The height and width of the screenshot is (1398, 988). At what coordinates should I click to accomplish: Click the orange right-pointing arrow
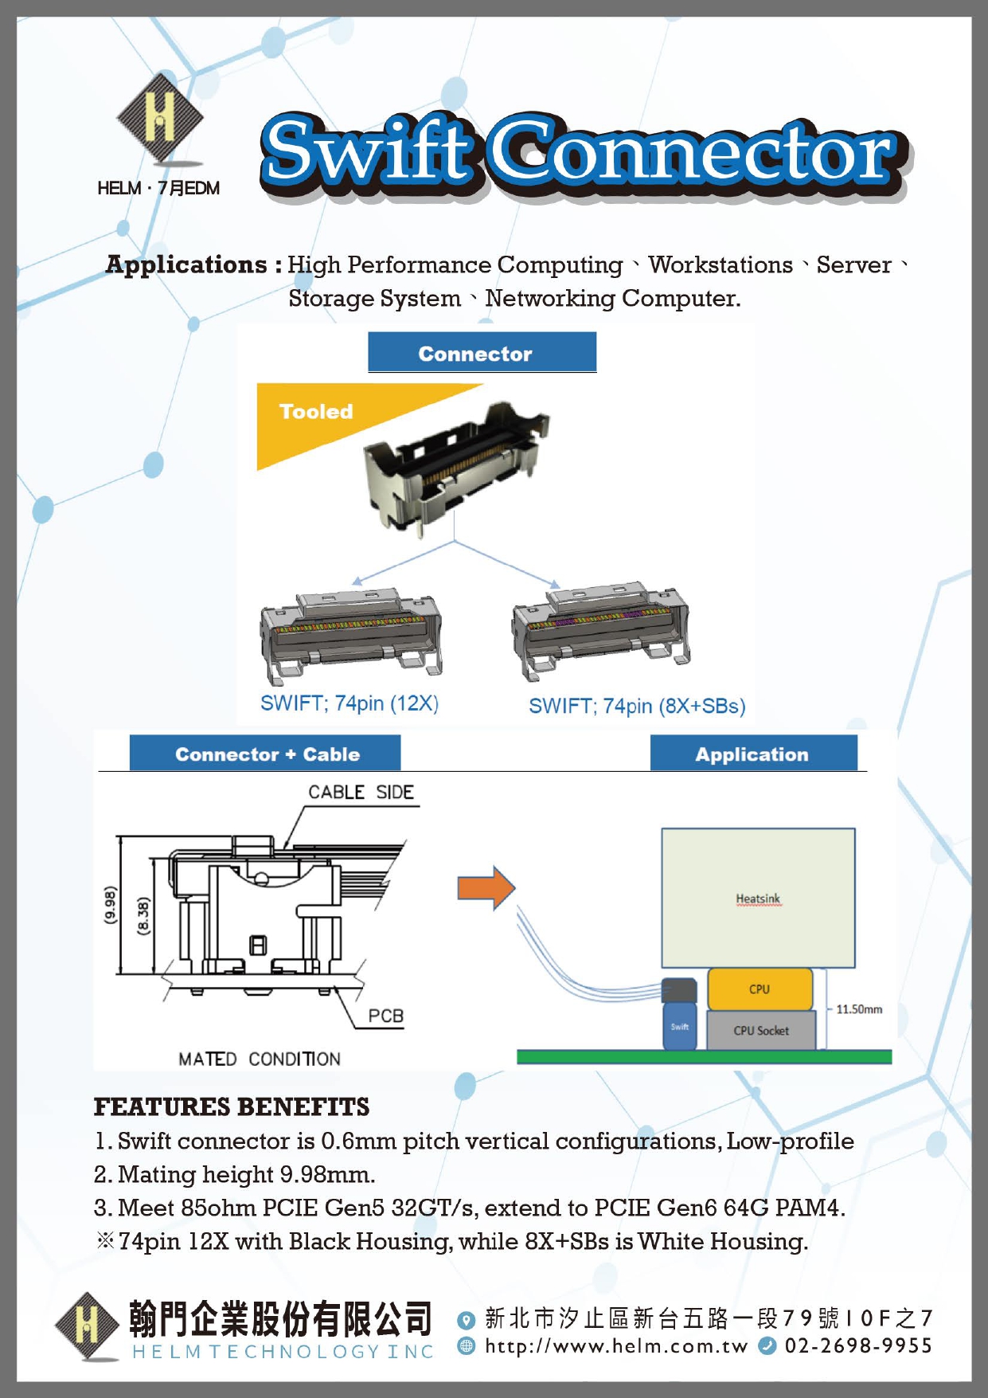[x=486, y=887]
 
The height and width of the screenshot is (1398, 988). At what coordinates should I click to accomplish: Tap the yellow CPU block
[x=760, y=989]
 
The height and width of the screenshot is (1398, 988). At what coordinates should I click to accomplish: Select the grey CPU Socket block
[x=761, y=1030]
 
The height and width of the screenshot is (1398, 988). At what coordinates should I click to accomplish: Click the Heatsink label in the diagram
[x=758, y=899]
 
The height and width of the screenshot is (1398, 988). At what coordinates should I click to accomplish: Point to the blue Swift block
[x=679, y=1026]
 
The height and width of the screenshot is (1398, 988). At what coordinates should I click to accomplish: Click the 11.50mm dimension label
[x=859, y=1009]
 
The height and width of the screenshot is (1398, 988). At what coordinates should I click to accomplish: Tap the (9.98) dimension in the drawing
[x=110, y=905]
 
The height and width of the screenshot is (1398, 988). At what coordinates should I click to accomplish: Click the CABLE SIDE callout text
[x=361, y=792]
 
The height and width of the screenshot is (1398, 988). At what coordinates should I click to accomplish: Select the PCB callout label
[x=385, y=1016]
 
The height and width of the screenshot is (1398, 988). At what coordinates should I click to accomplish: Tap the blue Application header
[x=752, y=754]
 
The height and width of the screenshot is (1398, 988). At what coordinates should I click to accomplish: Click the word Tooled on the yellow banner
[x=316, y=411]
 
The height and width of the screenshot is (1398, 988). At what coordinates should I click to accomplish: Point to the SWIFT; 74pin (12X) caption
[x=350, y=703]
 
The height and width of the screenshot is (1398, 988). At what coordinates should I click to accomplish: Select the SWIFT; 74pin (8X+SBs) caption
[x=637, y=706]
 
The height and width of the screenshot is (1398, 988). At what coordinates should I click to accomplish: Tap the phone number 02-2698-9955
[x=858, y=1345]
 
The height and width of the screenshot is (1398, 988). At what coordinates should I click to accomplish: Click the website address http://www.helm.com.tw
[x=616, y=1345]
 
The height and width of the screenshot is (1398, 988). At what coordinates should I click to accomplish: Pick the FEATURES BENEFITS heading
[x=232, y=1106]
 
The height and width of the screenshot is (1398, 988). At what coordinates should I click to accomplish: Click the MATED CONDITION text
[x=260, y=1059]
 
